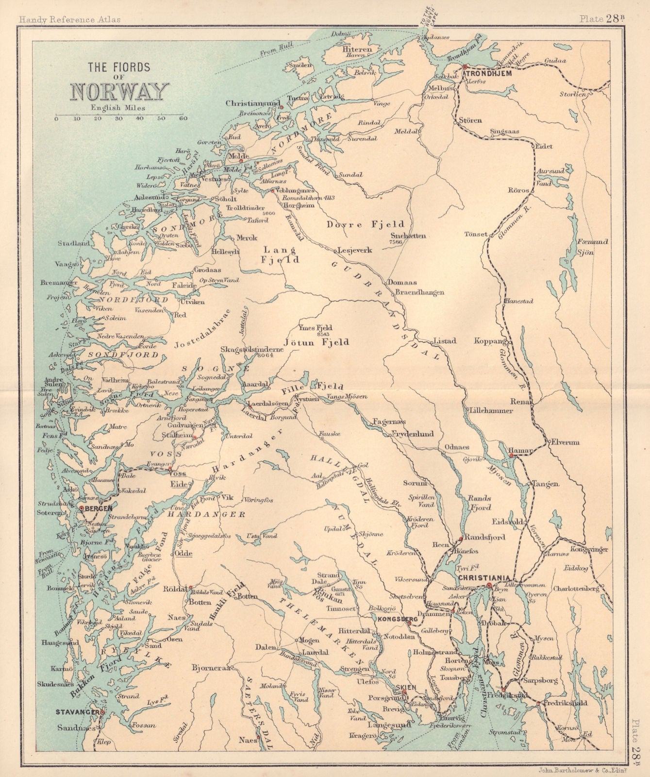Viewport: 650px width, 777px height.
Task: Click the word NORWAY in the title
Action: coord(120,92)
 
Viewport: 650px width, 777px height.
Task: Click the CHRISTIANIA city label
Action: coord(483,578)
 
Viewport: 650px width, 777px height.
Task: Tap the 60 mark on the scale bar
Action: coord(183,118)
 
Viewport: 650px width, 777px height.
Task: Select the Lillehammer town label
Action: coord(490,410)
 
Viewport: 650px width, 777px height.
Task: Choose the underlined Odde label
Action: coord(183,554)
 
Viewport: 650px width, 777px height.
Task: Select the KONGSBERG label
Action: coord(394,619)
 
